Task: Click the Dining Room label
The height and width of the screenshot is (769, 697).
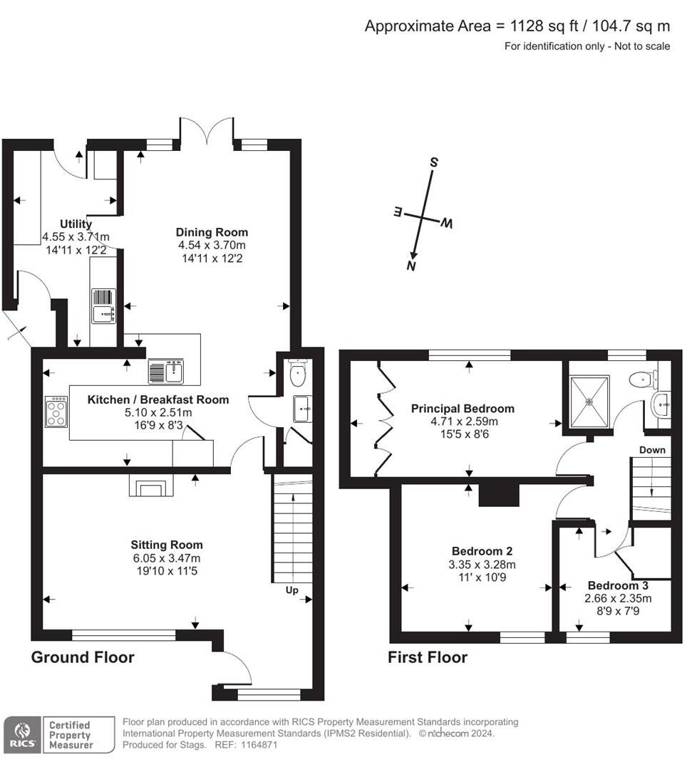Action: tap(212, 232)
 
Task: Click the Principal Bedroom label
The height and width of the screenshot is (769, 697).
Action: tap(463, 409)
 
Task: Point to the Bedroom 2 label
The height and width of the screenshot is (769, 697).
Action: tap(482, 551)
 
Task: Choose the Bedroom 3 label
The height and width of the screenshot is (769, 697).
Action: tap(617, 586)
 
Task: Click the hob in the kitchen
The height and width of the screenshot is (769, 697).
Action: tap(56, 412)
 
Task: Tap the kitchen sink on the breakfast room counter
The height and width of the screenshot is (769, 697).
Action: tap(167, 371)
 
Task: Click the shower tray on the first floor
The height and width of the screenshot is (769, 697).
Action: tap(589, 402)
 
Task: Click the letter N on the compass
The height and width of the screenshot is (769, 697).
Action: tap(411, 266)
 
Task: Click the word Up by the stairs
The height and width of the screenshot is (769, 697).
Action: tap(292, 590)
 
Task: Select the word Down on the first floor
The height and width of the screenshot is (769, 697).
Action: tap(652, 450)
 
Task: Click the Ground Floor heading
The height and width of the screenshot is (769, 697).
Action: tap(83, 657)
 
